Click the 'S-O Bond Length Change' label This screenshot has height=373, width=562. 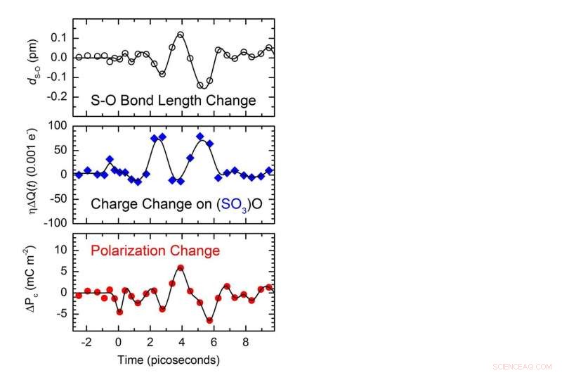[x=174, y=101]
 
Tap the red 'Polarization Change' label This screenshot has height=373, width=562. [x=174, y=251]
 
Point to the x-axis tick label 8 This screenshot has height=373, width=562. [x=245, y=343]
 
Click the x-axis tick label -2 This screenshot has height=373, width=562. [x=86, y=343]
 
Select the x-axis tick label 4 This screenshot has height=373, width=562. [x=181, y=343]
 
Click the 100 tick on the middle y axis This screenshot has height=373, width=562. [x=58, y=125]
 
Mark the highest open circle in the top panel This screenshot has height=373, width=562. [x=181, y=34]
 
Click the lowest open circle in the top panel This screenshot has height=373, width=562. [x=201, y=85]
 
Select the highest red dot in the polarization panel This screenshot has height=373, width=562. [x=181, y=267]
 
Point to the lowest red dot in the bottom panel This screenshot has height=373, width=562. [x=209, y=320]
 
